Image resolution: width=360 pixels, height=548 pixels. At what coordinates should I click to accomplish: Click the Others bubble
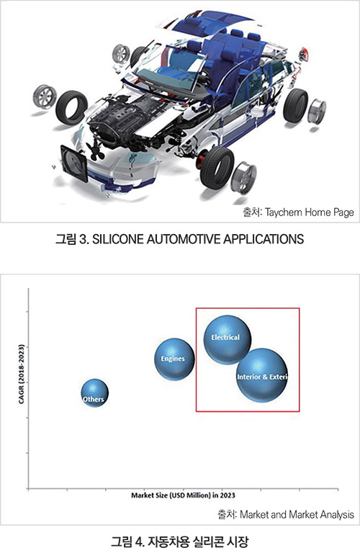(x=94, y=393)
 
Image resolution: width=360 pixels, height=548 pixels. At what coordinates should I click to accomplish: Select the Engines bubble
(x=174, y=359)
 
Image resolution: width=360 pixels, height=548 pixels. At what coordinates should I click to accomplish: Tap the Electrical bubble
(x=228, y=340)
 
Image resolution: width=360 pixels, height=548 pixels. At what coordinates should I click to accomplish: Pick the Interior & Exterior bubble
(x=262, y=375)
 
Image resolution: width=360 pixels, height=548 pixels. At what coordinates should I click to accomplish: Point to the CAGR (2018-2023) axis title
(x=22, y=374)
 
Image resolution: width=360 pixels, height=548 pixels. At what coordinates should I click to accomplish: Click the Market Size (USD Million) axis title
(x=183, y=495)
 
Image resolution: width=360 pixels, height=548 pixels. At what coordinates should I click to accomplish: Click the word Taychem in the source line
(x=283, y=212)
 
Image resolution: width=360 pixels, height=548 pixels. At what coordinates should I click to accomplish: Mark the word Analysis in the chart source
(x=336, y=514)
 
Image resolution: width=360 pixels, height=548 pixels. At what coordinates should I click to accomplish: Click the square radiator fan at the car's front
(x=74, y=164)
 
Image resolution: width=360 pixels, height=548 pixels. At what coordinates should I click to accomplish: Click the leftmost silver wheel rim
(x=45, y=96)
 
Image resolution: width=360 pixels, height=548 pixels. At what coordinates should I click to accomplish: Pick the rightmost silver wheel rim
(x=317, y=111)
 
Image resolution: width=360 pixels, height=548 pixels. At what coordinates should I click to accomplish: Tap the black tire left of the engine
(x=72, y=107)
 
